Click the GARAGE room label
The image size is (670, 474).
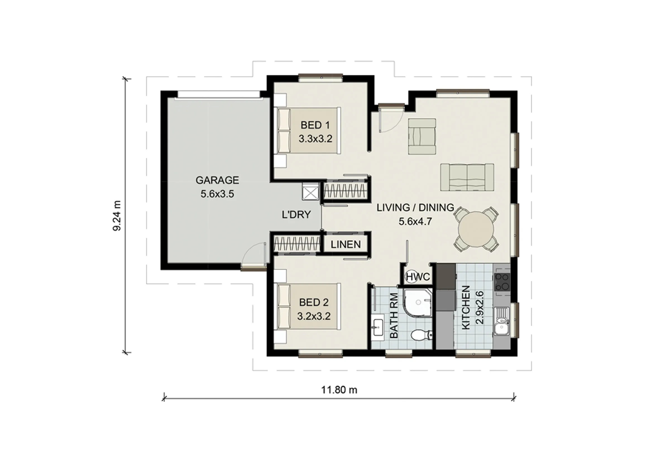pos(217,180)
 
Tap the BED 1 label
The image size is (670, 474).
pos(315,125)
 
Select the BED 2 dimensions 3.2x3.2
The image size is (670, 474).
pos(314,316)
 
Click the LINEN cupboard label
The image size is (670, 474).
pos(346,244)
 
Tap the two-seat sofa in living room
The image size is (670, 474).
pos(467,177)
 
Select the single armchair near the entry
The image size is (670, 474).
pos(422,136)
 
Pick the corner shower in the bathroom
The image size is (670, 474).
pos(418,302)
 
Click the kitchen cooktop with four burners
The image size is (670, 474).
pos(502,282)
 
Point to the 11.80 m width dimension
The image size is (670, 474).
pos(339,390)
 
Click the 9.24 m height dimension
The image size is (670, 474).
pos(117,216)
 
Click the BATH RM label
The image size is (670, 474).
pos(394,316)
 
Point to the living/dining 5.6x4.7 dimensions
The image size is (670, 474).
pos(415,222)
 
